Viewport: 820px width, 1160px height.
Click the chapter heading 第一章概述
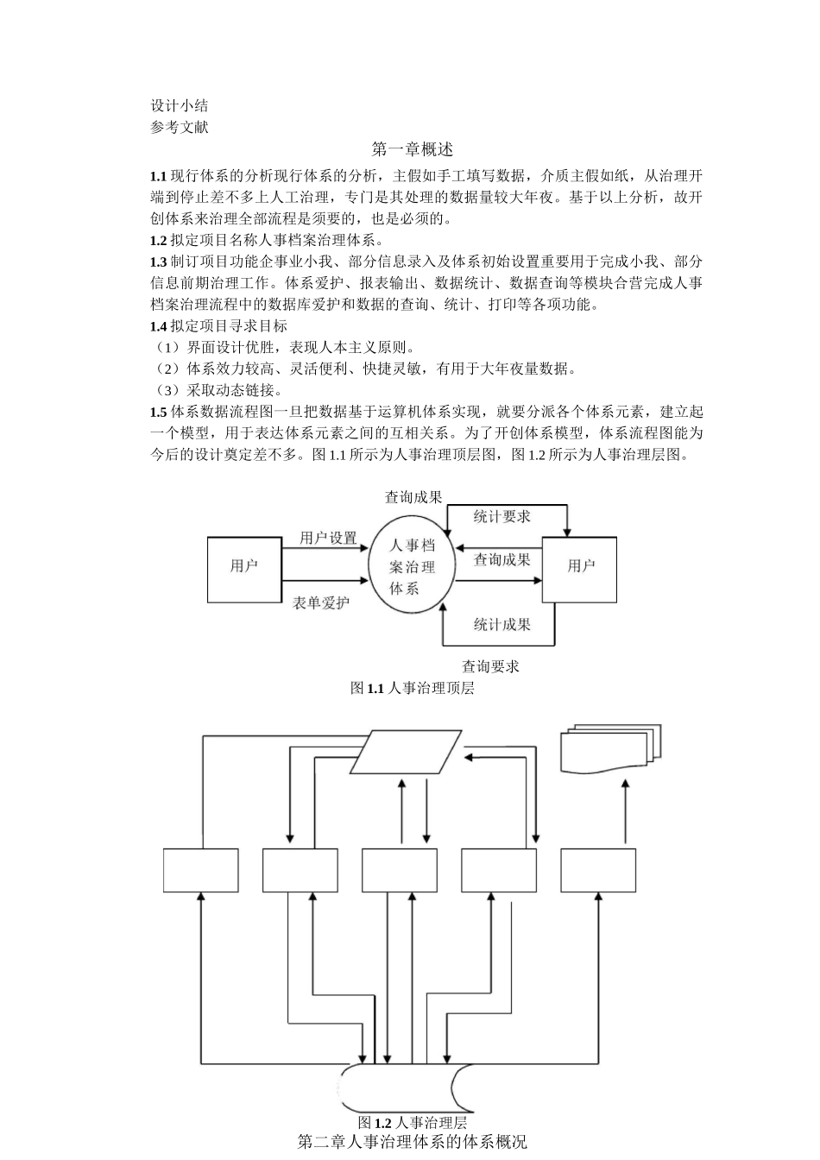412,149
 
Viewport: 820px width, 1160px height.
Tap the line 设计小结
179,106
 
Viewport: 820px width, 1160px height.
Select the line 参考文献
179,127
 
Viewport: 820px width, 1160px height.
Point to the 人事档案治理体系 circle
413,567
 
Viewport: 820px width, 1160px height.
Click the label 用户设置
328,538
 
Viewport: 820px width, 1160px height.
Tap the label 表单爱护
321,603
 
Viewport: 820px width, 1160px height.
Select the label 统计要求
501,516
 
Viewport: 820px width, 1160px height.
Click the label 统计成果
501,624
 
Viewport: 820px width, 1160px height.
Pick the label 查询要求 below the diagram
490,666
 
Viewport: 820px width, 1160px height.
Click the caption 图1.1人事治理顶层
412,688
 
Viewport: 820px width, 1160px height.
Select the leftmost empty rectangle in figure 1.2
201,870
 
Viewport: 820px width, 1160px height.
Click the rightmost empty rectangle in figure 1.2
598,870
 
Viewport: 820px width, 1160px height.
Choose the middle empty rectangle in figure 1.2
400,870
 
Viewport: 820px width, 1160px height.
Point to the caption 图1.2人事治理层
412,1123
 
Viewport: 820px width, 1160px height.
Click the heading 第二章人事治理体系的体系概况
412,1142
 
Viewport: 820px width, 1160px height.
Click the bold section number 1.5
158,412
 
